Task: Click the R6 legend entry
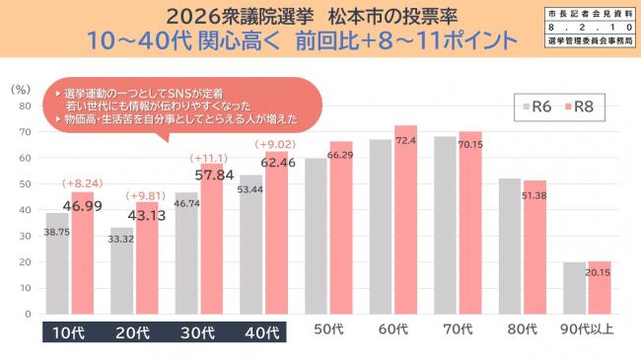pos(534,106)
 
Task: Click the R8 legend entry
pos(577,106)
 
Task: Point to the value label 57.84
pos(213,175)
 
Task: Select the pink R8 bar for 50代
pos(341,227)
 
